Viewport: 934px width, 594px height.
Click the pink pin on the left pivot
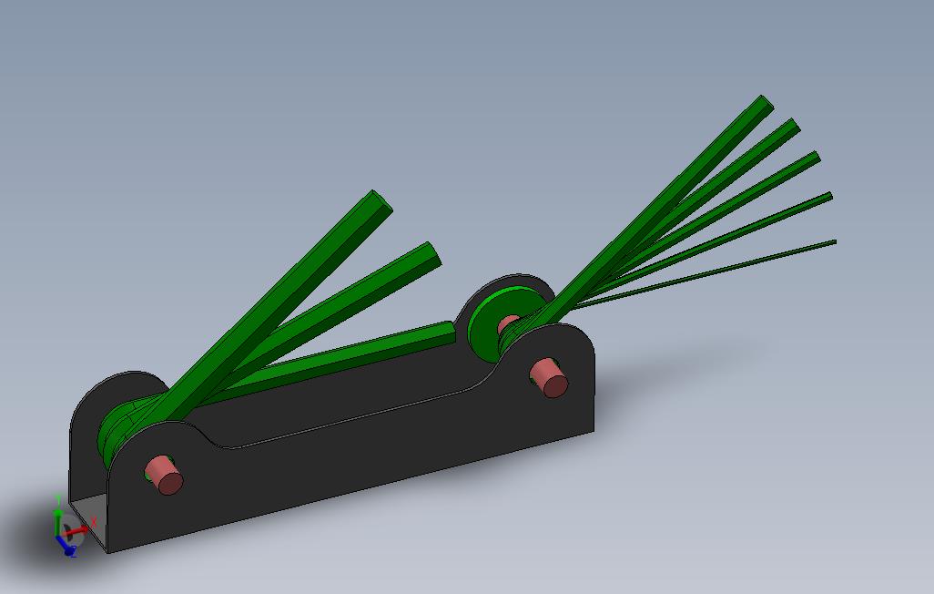pyautogui.click(x=165, y=474)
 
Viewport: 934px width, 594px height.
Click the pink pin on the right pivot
pyautogui.click(x=549, y=377)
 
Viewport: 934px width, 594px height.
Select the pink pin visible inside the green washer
pyautogui.click(x=509, y=323)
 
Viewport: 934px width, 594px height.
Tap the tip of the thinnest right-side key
pyautogui.click(x=833, y=242)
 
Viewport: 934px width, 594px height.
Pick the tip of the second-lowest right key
pyautogui.click(x=827, y=198)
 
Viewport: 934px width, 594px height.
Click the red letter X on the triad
pyautogui.click(x=94, y=521)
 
